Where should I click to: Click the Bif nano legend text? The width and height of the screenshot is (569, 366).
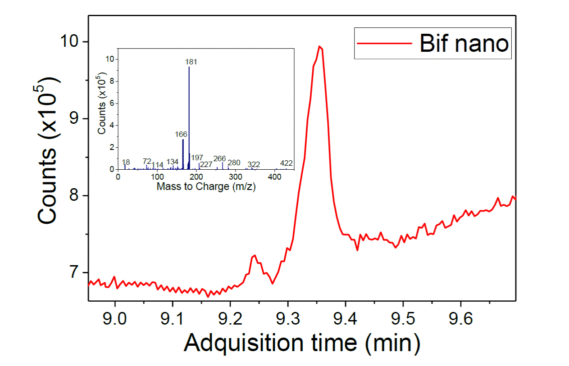click(x=464, y=44)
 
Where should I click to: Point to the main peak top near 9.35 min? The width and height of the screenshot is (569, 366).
click(x=319, y=46)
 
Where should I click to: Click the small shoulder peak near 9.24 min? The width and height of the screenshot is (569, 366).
click(x=255, y=255)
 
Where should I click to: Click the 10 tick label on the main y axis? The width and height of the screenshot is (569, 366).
click(x=72, y=42)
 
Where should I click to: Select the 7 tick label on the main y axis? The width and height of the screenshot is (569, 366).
click(x=77, y=273)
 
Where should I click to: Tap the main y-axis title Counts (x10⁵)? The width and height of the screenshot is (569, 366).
click(x=49, y=151)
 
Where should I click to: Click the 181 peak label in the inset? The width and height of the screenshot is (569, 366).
click(x=191, y=62)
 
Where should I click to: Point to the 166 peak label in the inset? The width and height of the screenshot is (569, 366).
click(x=181, y=134)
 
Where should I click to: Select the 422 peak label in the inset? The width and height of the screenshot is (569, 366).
click(x=287, y=163)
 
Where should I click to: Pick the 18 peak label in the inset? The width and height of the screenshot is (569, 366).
click(x=126, y=162)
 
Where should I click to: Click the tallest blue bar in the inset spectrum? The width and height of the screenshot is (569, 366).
click(x=189, y=117)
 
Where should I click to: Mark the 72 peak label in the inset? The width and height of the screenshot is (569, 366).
click(x=147, y=161)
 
